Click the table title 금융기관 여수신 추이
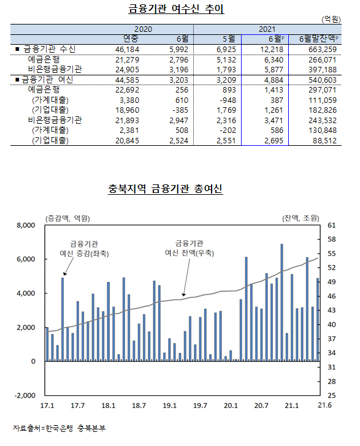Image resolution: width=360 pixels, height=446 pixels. [176, 9]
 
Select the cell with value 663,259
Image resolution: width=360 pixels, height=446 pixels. [323, 50]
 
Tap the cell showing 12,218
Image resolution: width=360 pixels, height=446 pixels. [272, 50]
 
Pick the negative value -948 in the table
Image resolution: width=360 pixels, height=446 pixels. [228, 100]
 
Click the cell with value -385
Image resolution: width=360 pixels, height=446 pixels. [180, 110]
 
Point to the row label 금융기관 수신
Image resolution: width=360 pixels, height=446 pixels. [49, 49]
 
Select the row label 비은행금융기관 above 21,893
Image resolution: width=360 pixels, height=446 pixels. [55, 120]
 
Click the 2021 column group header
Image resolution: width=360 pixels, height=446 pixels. [267, 29]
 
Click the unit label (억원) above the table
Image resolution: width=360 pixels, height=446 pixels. [331, 20]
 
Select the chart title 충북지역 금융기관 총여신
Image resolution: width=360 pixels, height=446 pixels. [165, 189]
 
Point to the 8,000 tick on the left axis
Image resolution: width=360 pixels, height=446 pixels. [26, 225]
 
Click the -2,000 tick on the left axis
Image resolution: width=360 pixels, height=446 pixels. [25, 395]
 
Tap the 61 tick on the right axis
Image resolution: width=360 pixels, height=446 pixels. [332, 225]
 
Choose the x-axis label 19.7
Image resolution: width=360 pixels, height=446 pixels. [200, 406]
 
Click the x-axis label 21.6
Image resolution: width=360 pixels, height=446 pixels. [324, 405]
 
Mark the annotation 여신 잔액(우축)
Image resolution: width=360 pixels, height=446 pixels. [190, 253]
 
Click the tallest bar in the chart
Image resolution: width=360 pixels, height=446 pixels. [281, 303]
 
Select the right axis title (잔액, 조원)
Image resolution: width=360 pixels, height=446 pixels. [301, 218]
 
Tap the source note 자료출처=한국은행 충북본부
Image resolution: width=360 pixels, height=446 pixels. [59, 428]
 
